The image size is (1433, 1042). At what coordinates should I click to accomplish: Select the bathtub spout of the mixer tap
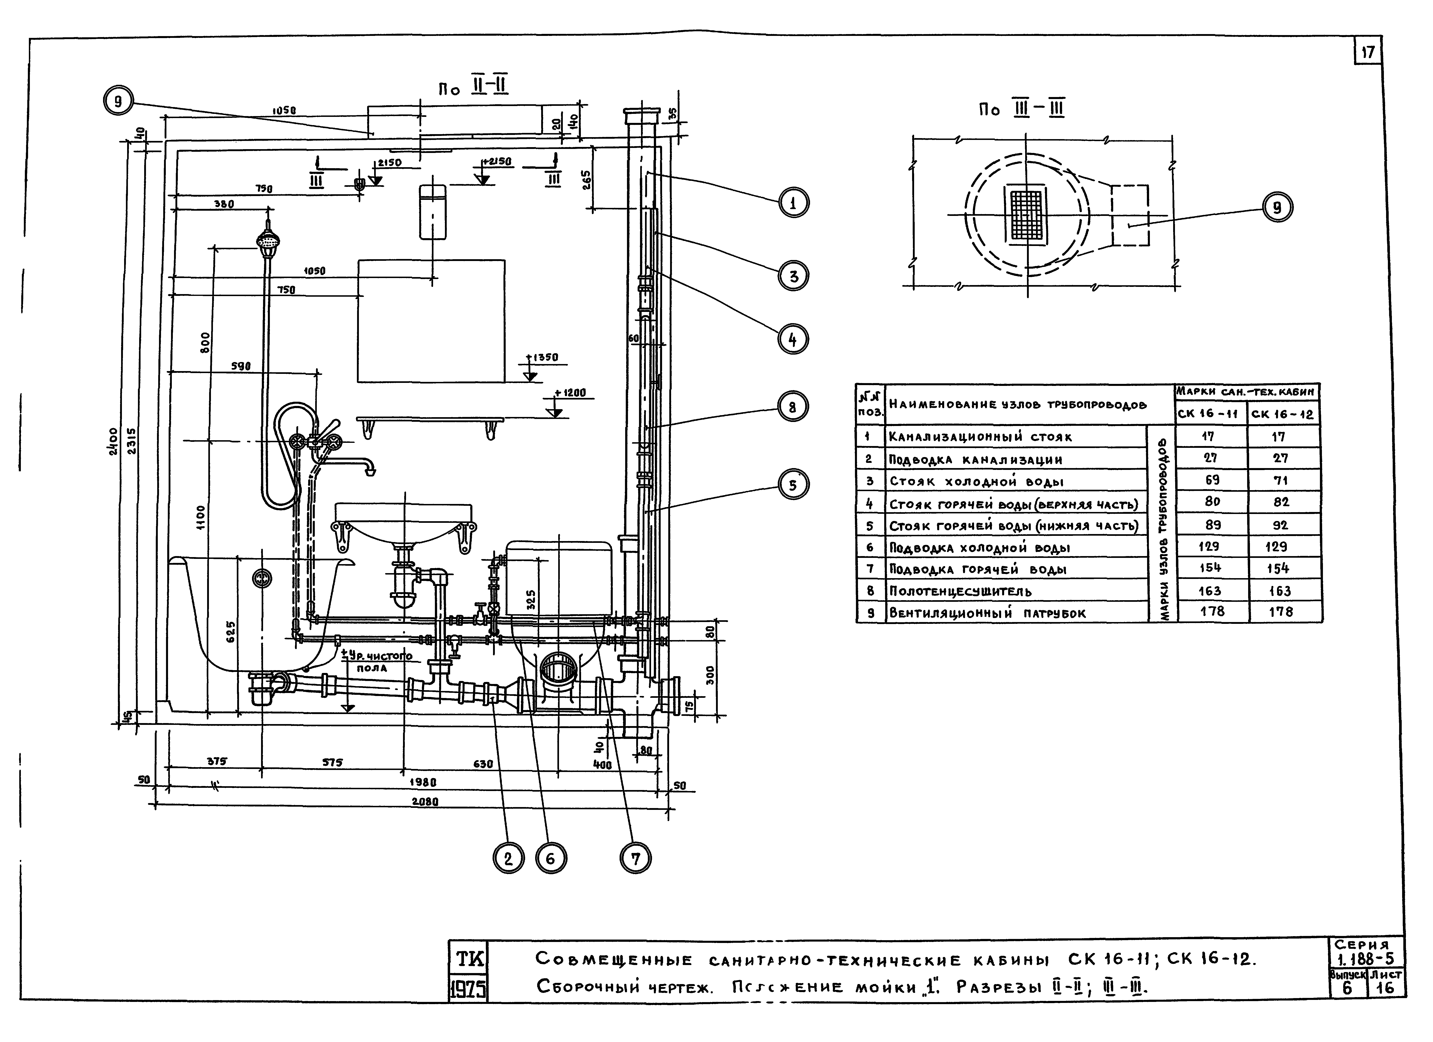(x=367, y=467)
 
